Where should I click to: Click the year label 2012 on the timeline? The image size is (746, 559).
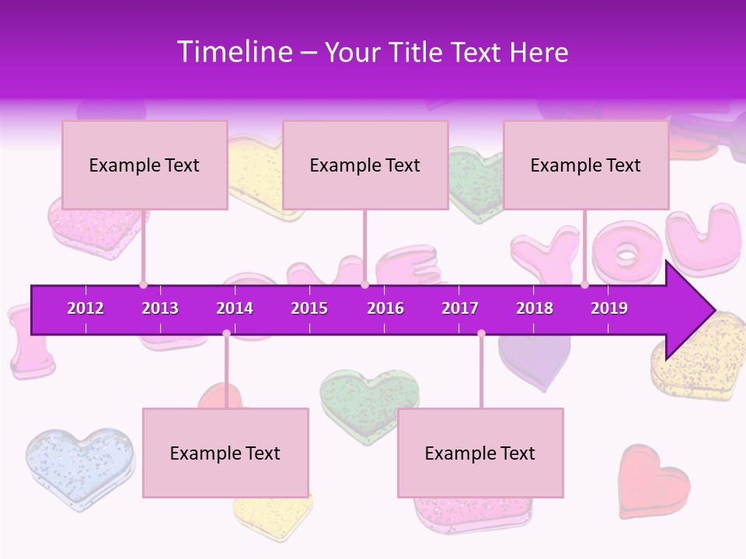[85, 308]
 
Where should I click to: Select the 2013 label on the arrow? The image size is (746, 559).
[160, 308]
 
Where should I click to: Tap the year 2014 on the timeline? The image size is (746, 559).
[235, 308]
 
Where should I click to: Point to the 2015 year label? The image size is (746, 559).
[309, 308]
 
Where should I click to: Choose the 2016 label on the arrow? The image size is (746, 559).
[385, 308]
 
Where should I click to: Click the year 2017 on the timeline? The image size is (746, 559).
[460, 308]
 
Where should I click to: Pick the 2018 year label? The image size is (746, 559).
[535, 308]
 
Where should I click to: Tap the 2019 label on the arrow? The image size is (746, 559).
[609, 308]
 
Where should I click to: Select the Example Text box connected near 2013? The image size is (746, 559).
[145, 165]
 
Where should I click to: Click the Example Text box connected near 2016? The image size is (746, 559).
[365, 165]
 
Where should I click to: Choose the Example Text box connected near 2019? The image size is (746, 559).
[586, 165]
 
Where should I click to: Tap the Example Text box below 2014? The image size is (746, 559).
[225, 453]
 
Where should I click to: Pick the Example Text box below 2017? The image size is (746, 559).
[480, 453]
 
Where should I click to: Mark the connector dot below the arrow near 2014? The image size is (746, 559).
[226, 334]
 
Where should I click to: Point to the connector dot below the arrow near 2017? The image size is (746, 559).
[481, 334]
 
